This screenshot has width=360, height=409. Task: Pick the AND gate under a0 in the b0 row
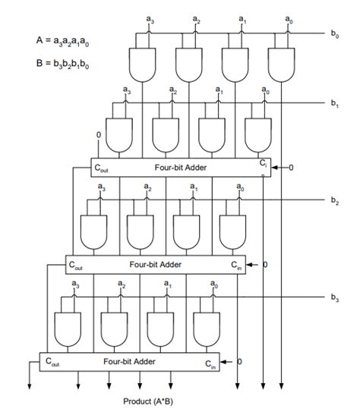click(282, 64)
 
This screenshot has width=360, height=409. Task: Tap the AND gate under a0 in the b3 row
click(207, 327)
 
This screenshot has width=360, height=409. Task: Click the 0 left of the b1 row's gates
click(98, 135)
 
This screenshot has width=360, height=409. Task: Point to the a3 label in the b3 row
click(74, 285)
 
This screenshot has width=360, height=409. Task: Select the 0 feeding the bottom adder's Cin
click(239, 361)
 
